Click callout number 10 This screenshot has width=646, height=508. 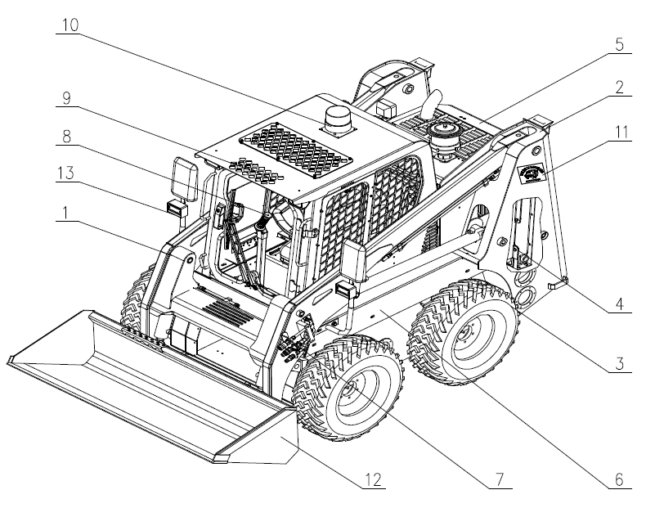click(70, 24)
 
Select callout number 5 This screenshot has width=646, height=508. click(620, 44)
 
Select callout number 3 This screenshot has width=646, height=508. click(621, 361)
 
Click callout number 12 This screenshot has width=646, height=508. click(372, 478)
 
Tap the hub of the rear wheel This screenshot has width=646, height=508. click(469, 335)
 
